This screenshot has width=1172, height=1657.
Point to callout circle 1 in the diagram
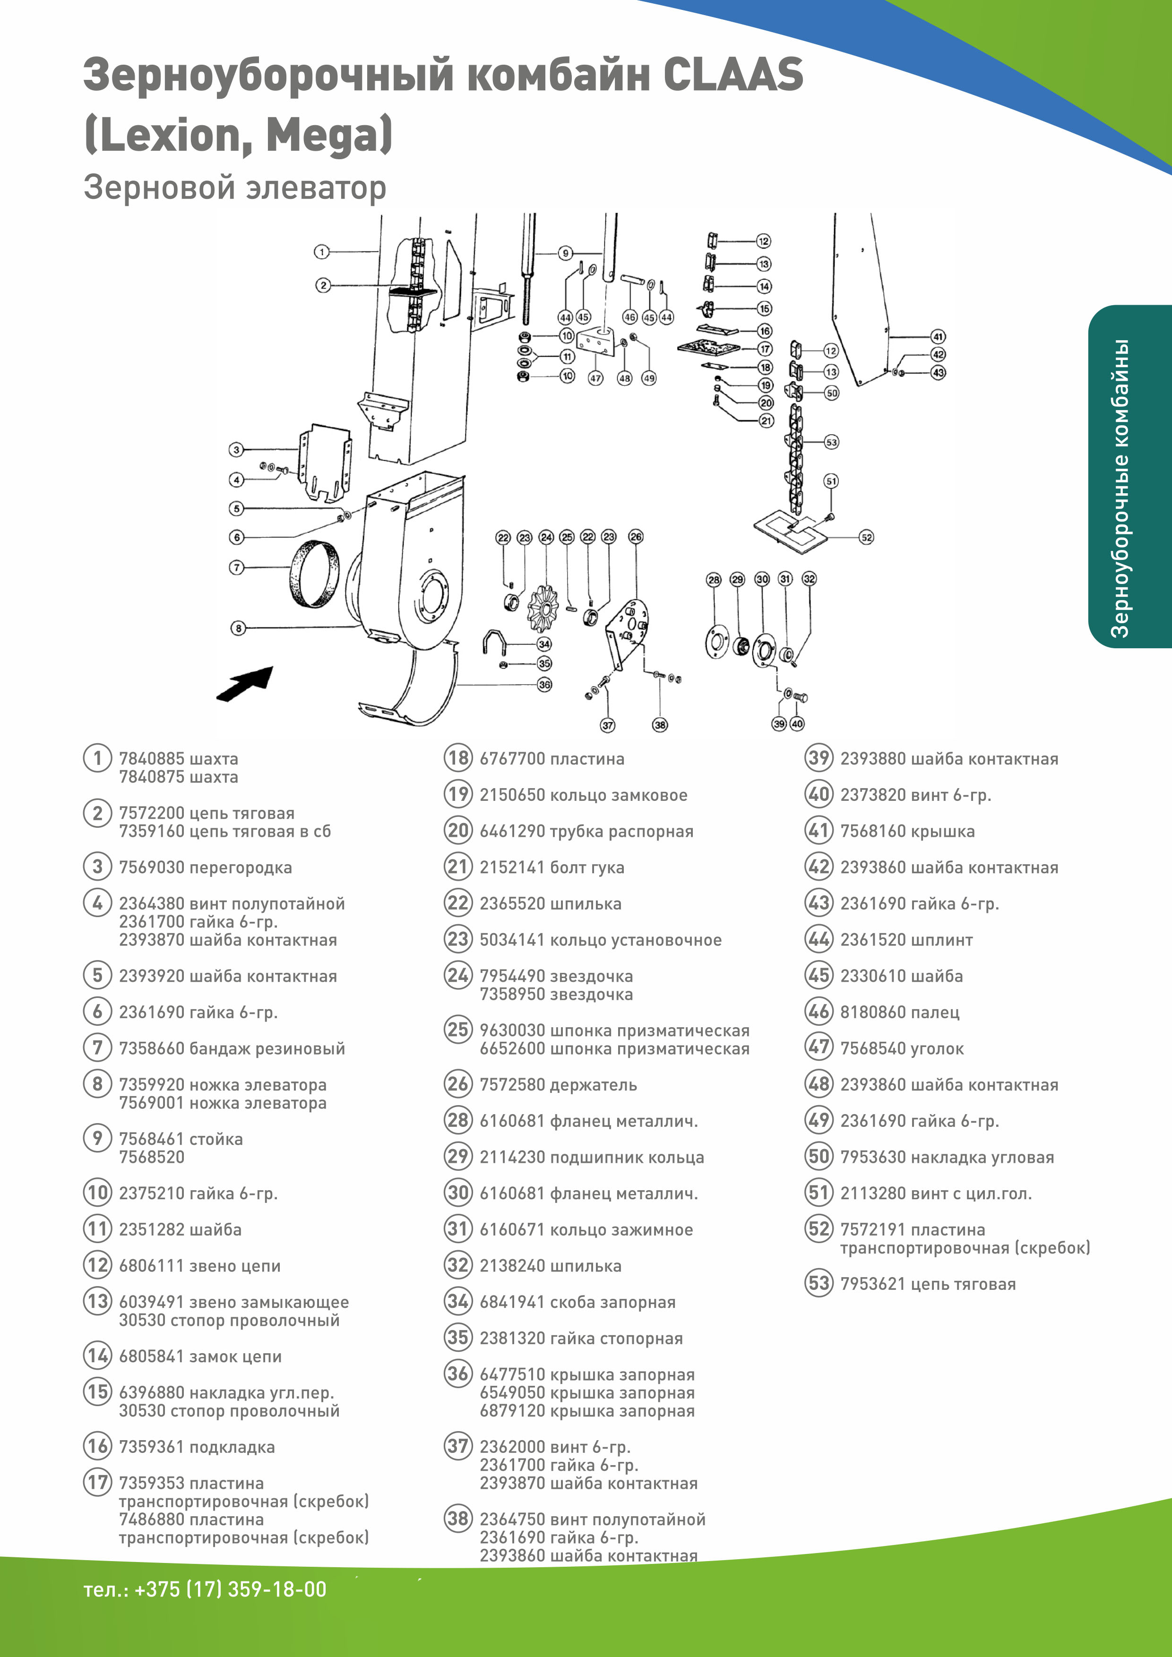coord(322,252)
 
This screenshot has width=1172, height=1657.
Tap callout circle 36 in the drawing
coord(544,684)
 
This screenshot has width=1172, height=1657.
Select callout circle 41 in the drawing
coord(938,336)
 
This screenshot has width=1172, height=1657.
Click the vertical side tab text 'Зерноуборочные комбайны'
coord(1120,488)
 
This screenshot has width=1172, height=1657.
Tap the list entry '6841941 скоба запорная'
coord(577,1302)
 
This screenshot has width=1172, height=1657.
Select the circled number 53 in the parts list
coord(819,1283)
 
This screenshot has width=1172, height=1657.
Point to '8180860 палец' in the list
coord(899,1012)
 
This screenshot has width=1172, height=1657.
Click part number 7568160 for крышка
coord(872,831)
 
